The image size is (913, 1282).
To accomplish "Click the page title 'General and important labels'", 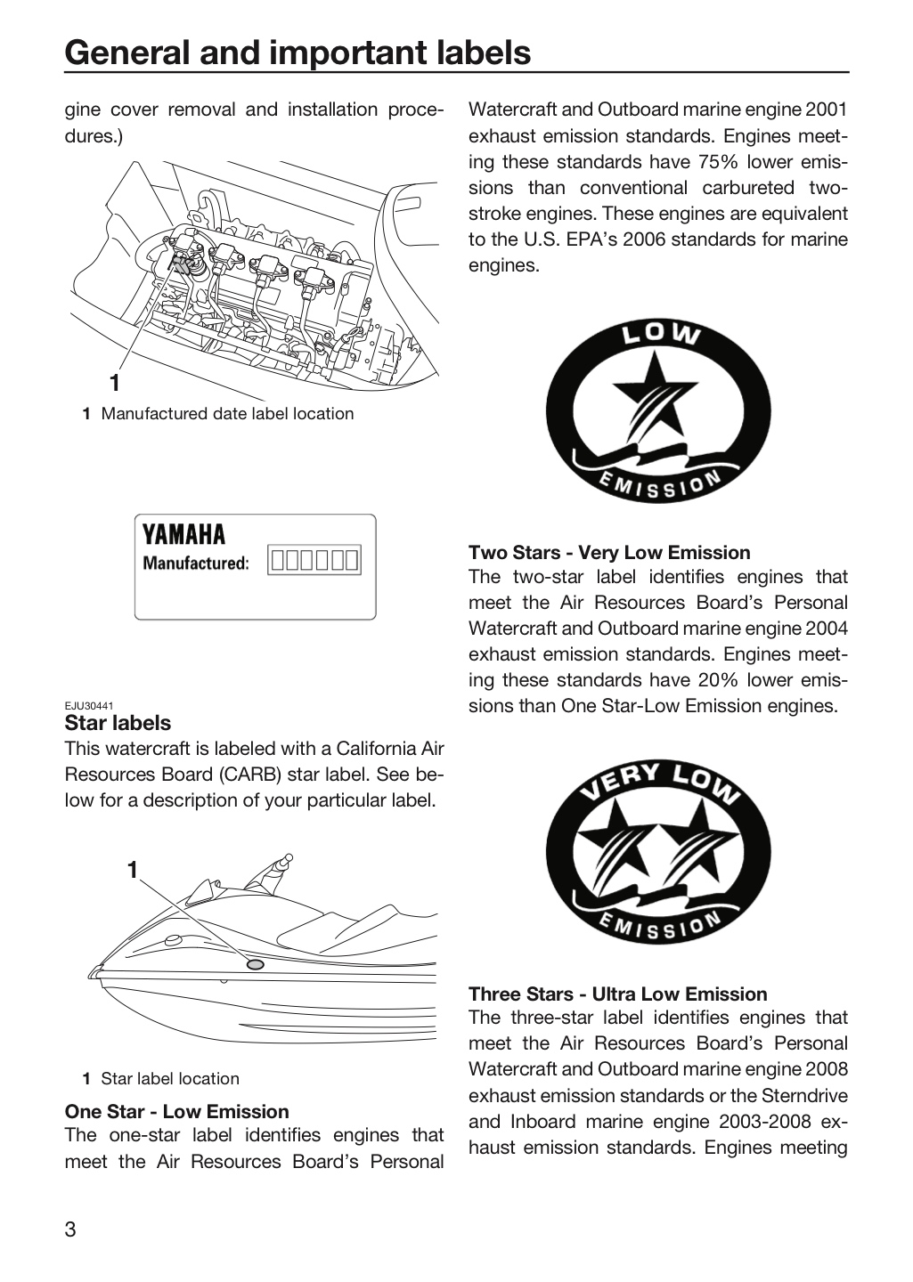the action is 298,53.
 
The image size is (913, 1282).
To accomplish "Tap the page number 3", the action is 70,1229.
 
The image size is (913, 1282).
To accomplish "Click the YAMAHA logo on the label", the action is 183,534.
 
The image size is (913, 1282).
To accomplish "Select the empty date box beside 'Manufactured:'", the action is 314,560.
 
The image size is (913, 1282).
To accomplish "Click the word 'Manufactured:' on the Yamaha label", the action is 196,564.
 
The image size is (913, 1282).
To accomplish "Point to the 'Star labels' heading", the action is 118,723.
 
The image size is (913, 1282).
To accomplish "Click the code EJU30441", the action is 89,706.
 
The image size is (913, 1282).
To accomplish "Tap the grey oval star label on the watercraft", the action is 255,965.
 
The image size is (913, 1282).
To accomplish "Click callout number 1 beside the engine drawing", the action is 115,383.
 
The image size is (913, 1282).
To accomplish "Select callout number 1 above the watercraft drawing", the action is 133,870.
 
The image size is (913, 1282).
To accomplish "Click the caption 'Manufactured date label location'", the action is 227,414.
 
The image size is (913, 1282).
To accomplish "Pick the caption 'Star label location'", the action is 170,1079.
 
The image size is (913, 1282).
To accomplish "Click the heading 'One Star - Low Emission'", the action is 177,1111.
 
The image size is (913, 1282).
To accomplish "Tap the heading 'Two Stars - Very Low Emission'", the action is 609,552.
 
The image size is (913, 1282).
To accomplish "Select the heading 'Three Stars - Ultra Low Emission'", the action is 618,994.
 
